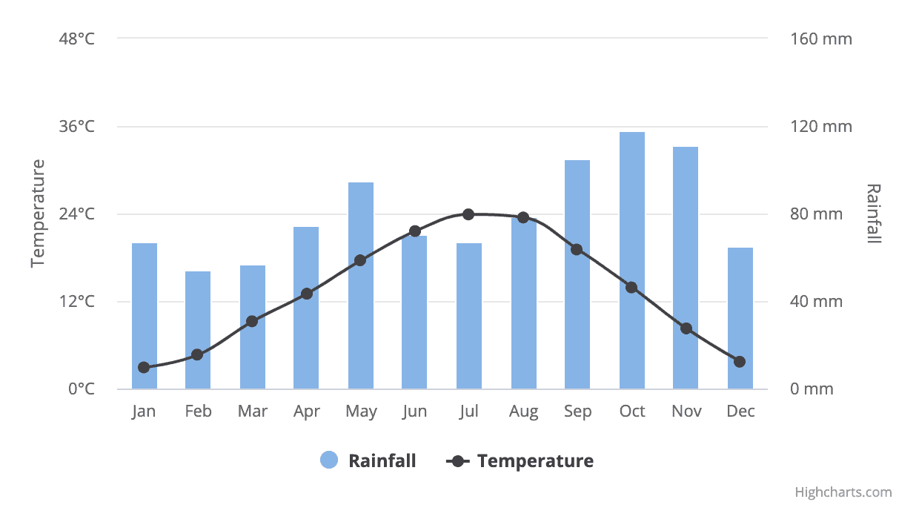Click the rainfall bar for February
tap(198, 330)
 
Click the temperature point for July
tap(468, 214)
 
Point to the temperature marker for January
tap(144, 367)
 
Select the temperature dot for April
tap(307, 294)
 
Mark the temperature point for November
tap(686, 328)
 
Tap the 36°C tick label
tap(77, 127)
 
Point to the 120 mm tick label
tap(822, 127)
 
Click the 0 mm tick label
tap(812, 389)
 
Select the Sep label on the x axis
tap(577, 412)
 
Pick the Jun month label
tap(415, 412)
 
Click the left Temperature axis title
tap(38, 214)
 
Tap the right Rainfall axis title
tap(874, 214)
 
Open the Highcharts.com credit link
tap(843, 492)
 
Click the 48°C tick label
tap(77, 39)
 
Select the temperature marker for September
tap(577, 249)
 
